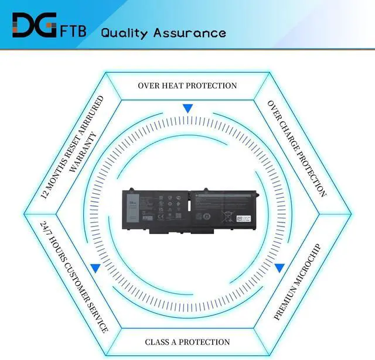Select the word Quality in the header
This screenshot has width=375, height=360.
click(x=125, y=33)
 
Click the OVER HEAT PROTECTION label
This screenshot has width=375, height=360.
click(x=187, y=85)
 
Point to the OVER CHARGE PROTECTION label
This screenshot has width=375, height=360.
click(x=296, y=148)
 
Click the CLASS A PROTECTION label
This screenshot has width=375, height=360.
click(x=187, y=342)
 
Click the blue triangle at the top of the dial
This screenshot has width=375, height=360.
click(x=187, y=108)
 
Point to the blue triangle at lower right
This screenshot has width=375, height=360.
click(x=279, y=268)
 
